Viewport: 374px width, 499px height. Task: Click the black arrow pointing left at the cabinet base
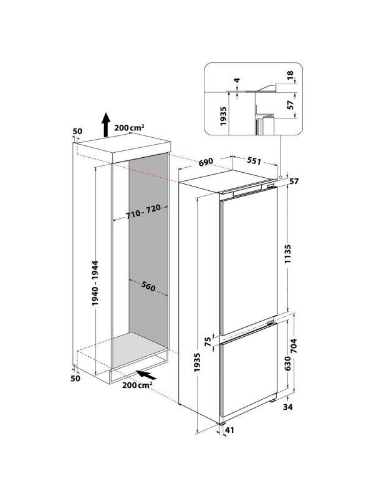coord(146,375)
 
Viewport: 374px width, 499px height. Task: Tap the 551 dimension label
coord(253,161)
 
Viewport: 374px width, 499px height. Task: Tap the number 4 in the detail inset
coord(237,81)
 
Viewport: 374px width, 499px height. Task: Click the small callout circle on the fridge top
coord(280,177)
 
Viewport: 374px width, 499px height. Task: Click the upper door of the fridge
coord(248,256)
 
